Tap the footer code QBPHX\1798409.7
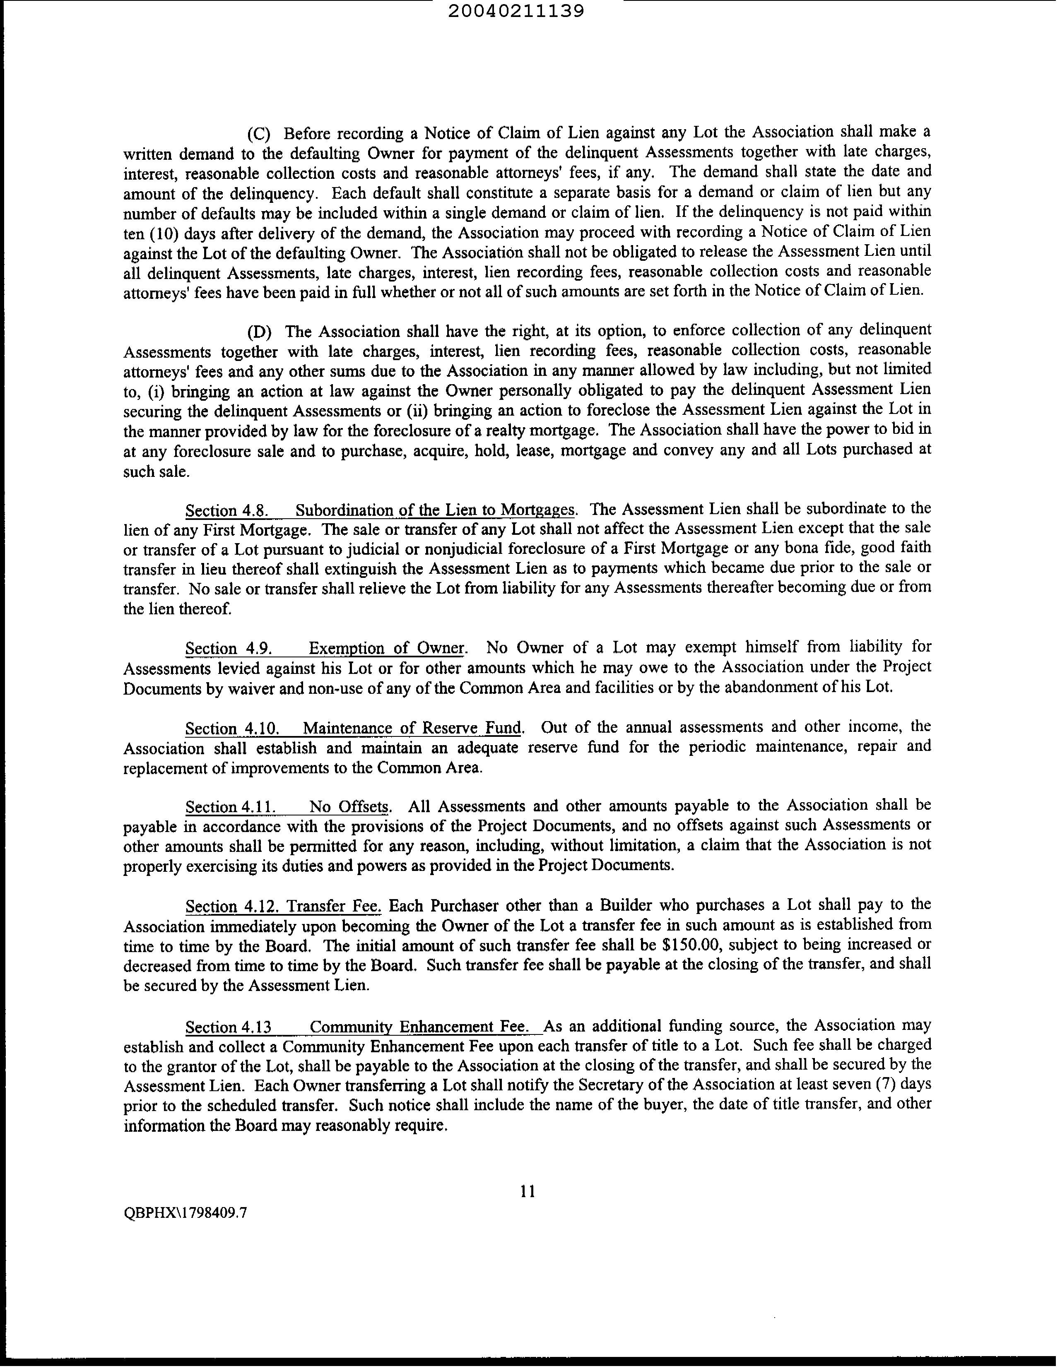pos(185,1230)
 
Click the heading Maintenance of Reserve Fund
pos(412,728)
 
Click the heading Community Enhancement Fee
pos(426,1027)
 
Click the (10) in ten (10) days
pos(164,233)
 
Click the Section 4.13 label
pos(229,1027)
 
